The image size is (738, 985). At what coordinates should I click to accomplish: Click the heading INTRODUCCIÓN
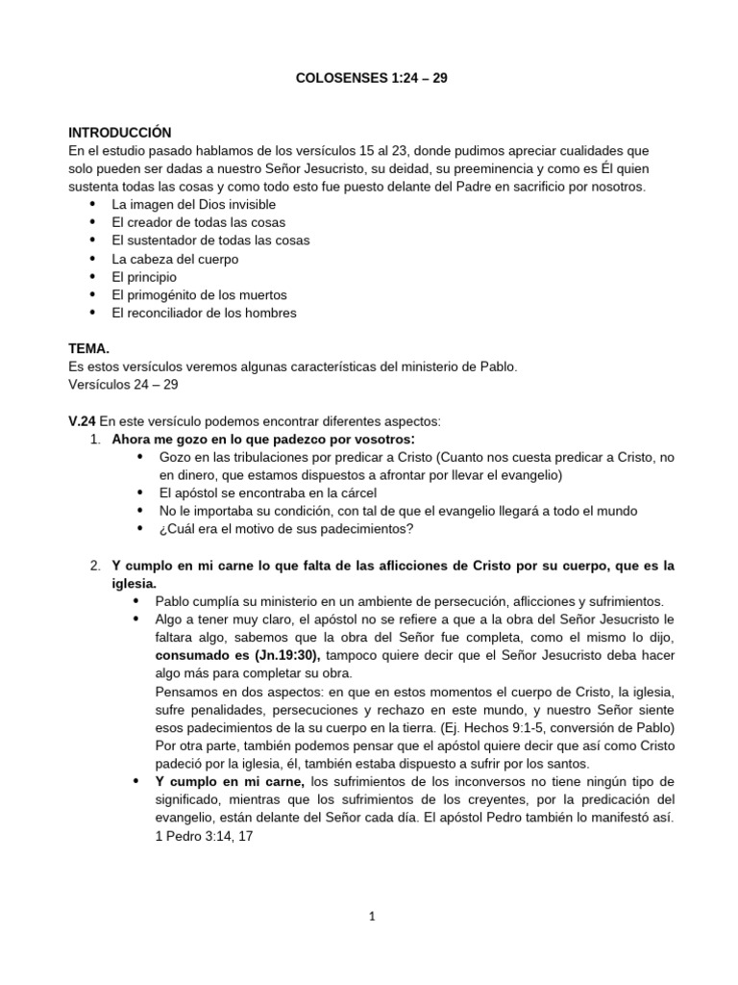click(x=119, y=132)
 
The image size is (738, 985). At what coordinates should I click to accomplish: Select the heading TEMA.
click(x=89, y=349)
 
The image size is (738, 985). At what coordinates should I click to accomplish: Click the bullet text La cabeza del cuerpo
click(x=175, y=259)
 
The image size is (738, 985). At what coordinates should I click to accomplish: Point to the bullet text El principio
click(x=144, y=277)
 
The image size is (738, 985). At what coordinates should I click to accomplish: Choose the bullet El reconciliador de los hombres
click(x=204, y=313)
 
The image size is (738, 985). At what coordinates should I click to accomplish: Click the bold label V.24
click(x=83, y=421)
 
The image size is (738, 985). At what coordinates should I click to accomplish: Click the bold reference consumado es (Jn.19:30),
click(x=226, y=654)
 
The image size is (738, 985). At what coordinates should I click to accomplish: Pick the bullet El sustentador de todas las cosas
click(x=210, y=240)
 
